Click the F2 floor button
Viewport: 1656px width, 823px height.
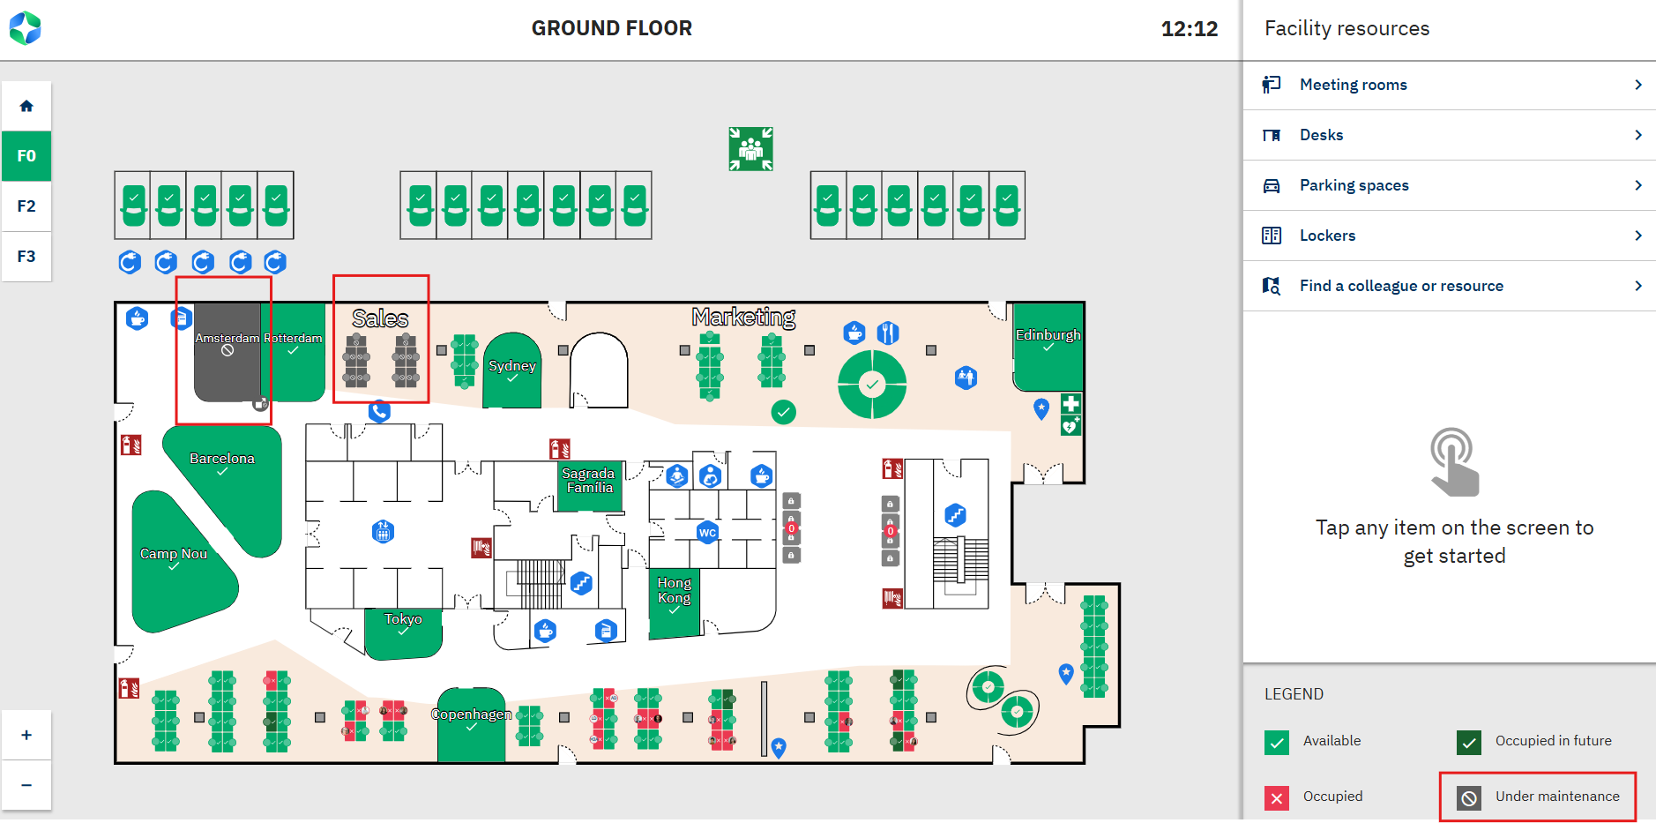point(26,206)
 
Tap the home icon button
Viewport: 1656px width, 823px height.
point(26,107)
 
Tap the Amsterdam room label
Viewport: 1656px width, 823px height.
point(227,339)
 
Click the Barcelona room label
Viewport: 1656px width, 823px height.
point(222,459)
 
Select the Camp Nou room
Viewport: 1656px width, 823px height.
point(174,554)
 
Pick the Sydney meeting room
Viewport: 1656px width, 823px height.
point(512,366)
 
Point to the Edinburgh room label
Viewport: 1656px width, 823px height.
point(1048,335)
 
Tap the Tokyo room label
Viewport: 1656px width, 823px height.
point(403,619)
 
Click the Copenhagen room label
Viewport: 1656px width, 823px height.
point(471,715)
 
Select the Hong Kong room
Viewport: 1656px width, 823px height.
point(675,590)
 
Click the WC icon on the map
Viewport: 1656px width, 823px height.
point(707,533)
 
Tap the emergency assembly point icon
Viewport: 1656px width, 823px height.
point(750,148)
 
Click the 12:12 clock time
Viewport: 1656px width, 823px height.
point(1189,29)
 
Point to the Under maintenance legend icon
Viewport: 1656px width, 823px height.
point(1469,798)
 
